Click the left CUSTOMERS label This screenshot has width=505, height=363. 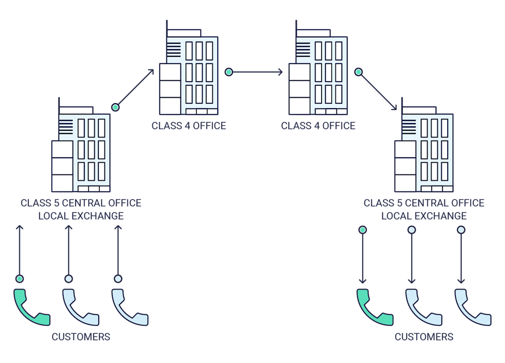click(81, 337)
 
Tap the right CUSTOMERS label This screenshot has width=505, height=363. click(424, 337)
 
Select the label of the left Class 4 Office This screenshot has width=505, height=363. click(189, 126)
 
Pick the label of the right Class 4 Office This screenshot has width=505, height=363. click(318, 126)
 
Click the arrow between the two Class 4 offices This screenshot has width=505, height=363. click(255, 72)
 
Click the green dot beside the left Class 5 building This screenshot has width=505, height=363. click(115, 107)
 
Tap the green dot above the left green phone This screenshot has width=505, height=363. click(20, 279)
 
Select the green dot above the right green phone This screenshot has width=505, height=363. click(363, 230)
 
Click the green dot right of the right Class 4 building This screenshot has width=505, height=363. click(358, 72)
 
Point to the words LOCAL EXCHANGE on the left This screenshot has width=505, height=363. click(81, 216)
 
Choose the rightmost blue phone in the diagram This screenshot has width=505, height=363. click(473, 308)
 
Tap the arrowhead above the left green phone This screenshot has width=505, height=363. click(20, 227)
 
